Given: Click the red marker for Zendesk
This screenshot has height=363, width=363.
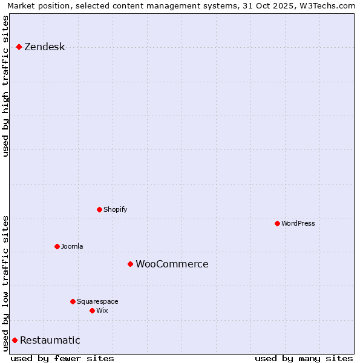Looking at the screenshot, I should (x=19, y=47).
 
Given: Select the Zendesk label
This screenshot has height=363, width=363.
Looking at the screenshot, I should (x=44, y=47).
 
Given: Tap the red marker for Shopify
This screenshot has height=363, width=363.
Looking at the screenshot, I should (x=99, y=209).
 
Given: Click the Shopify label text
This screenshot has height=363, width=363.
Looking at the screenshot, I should (x=115, y=209).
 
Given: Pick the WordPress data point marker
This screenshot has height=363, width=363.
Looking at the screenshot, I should (x=277, y=223).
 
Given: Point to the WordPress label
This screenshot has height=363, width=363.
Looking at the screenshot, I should (x=298, y=223).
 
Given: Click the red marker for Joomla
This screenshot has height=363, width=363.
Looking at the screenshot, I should (x=57, y=246).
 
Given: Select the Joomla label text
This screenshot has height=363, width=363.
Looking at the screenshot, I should (x=72, y=246).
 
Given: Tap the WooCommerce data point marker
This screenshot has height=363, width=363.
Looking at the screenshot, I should (x=130, y=264).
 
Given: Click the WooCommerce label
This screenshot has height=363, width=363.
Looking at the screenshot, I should (x=172, y=264).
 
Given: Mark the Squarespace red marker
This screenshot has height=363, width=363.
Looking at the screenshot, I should (x=73, y=301).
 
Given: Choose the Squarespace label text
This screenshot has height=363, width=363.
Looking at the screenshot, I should (x=97, y=301).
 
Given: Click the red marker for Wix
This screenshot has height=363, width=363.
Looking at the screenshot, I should (x=92, y=310).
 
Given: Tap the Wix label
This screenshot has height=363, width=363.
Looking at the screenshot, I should (x=102, y=310).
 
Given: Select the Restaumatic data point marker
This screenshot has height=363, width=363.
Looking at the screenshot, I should (x=15, y=340).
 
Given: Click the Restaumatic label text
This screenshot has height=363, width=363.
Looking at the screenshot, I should (x=50, y=340).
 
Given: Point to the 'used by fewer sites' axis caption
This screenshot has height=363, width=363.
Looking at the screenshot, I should (x=62, y=358).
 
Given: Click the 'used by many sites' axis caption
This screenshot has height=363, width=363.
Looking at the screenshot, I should (x=304, y=358).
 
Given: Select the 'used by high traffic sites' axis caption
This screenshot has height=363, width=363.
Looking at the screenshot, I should (x=5, y=86).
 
